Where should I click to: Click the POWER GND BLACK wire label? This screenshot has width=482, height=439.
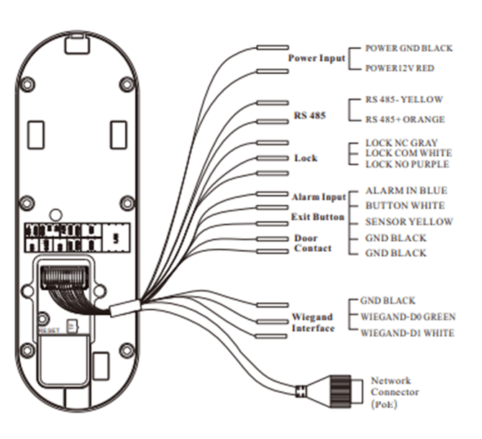coord(409,48)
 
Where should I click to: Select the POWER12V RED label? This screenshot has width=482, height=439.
coord(399,68)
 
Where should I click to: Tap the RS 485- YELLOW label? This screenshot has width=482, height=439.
coord(404,100)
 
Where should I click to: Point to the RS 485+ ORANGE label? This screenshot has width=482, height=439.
coord(404,119)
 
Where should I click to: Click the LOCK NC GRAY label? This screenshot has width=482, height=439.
coord(401,143)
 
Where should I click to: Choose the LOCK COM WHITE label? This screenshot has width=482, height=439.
coord(408,153)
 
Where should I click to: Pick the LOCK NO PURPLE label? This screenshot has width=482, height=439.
coord(406,164)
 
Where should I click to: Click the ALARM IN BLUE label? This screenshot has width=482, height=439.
coord(406,191)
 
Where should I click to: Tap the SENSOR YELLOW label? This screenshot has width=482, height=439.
coord(409,222)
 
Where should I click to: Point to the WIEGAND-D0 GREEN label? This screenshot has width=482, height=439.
coord(407,317)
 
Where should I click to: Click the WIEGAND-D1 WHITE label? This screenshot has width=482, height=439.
coord(407,332)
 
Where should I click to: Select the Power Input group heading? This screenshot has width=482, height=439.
coord(317,58)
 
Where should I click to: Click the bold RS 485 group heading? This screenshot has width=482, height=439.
coord(309,114)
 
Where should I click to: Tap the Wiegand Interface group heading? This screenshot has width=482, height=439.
coord(313,322)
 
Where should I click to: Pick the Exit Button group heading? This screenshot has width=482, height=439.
coord(317,217)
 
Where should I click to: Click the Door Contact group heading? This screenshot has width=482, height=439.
coord(313,243)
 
